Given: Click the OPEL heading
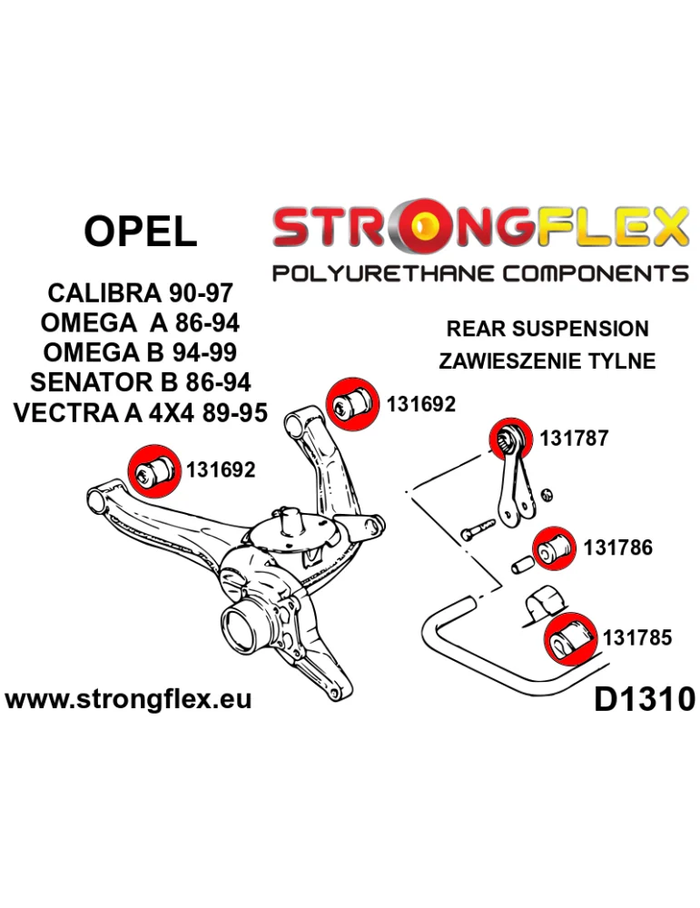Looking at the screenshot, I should [140, 232].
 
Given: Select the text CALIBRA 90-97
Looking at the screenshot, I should [139, 294].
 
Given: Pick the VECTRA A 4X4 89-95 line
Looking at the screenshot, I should [141, 412].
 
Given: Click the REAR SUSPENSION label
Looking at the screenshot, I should [547, 329].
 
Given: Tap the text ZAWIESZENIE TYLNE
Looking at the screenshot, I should [547, 360].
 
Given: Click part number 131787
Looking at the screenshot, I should [574, 439].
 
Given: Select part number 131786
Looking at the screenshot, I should [617, 548].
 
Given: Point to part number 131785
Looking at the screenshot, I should [637, 637].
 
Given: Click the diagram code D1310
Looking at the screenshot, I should [644, 699].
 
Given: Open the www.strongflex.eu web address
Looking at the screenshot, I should [128, 699].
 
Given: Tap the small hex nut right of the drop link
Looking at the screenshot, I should [547, 494].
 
